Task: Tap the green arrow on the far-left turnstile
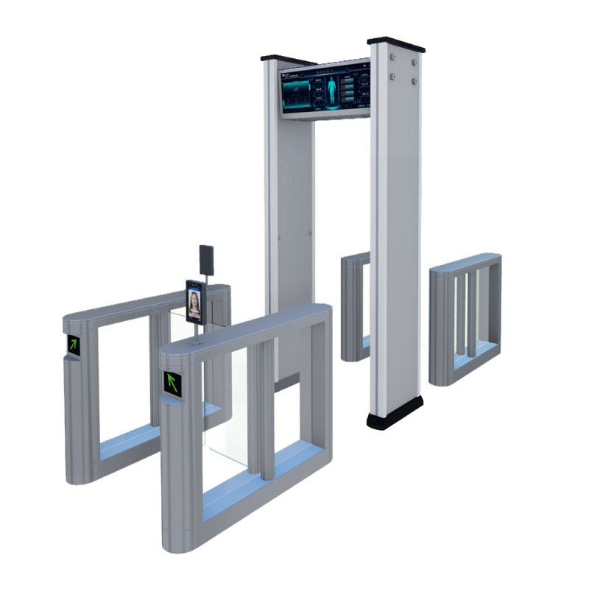pyautogui.click(x=74, y=344)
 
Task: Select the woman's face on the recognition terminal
pyautogui.click(x=194, y=301)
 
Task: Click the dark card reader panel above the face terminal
pyautogui.click(x=206, y=260)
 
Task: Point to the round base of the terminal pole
pyautogui.click(x=197, y=341)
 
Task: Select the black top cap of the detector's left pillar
pyautogui.click(x=288, y=59)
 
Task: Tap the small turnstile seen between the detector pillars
pyautogui.click(x=355, y=306)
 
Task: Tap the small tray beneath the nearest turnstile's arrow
pyautogui.click(x=172, y=396)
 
